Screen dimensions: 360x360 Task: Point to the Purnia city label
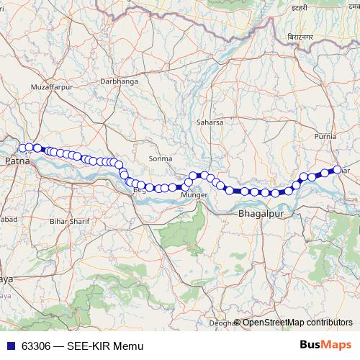click(326, 135)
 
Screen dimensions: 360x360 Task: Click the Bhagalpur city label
click(258, 215)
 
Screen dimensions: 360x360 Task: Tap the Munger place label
click(194, 195)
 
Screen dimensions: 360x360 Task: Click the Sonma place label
click(160, 158)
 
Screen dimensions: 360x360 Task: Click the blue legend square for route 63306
click(9, 345)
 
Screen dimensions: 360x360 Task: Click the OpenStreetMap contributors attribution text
click(297, 323)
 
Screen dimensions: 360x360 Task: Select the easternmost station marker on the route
click(337, 170)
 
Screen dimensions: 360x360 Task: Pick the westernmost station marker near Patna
click(22, 148)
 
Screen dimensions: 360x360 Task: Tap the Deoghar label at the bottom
click(222, 323)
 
